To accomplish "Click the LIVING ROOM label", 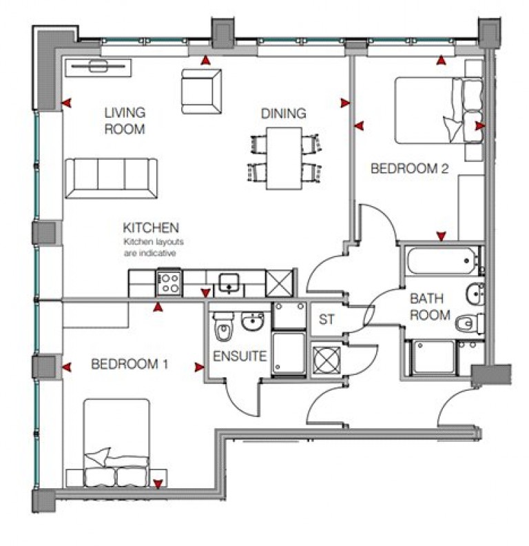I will tap(125, 120).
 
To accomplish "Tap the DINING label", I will tap(283, 114).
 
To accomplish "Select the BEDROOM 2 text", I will tap(405, 168).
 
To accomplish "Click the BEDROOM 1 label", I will tap(129, 365).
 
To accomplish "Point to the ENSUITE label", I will tap(239, 357).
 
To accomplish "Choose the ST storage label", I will tap(326, 320).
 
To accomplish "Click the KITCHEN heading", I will tap(151, 228).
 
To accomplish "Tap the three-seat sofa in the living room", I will tap(112, 177).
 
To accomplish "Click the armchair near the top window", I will tap(201, 92).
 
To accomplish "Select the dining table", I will tap(284, 159).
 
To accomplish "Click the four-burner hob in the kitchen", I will tap(169, 282).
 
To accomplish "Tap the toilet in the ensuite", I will tap(223, 327).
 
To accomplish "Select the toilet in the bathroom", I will tap(470, 321).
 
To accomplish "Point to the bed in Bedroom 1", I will tap(116, 441).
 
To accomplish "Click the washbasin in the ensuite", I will tap(253, 321).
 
